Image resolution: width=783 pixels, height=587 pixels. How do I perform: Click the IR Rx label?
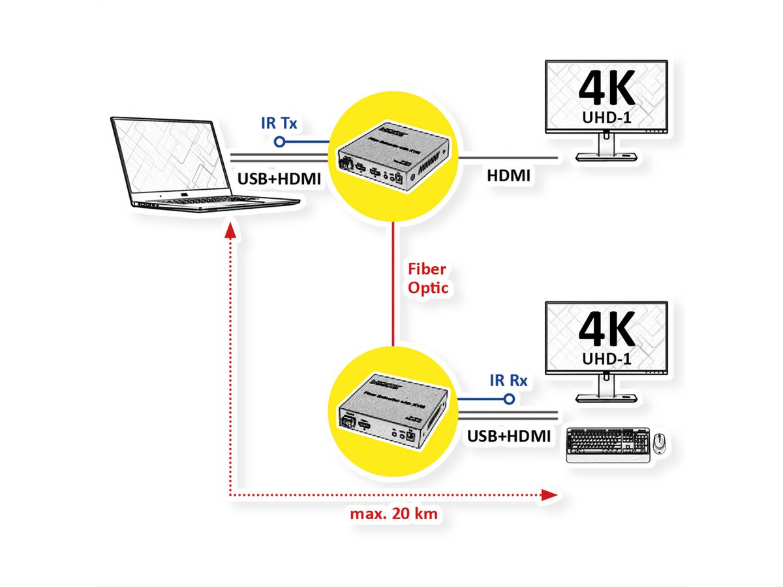(x=508, y=380)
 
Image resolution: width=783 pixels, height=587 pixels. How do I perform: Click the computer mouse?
(x=660, y=442)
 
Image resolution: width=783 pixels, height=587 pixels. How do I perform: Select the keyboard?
(x=607, y=445)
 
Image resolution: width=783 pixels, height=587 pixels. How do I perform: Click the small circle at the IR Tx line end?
(x=280, y=141)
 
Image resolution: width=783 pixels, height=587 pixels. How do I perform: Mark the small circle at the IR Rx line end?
(x=511, y=399)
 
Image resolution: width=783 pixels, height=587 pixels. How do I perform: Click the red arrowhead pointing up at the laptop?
(x=229, y=232)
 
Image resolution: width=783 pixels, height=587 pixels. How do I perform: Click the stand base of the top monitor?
(x=606, y=157)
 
